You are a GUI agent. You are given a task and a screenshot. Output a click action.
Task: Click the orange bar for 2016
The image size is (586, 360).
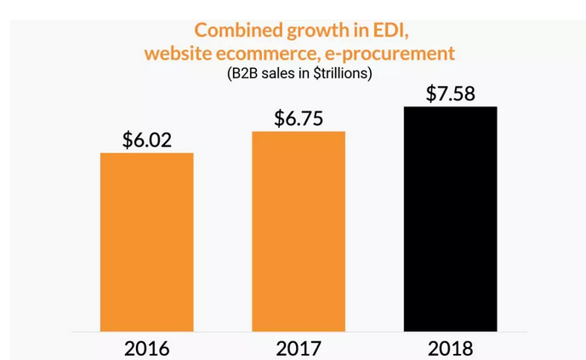coord(146,242)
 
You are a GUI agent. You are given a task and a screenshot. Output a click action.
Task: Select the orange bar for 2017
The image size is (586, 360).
coord(299,231)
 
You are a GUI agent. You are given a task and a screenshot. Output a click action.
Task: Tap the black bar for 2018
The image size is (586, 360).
coord(450,219)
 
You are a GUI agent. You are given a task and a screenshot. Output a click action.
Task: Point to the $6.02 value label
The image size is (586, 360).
coord(146,140)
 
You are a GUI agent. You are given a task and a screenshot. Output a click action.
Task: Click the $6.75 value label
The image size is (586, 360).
coord(299,118)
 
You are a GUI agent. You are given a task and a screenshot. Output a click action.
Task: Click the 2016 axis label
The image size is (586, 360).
coord(146,347)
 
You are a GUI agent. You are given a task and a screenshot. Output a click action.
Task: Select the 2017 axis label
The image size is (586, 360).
coord(299,347)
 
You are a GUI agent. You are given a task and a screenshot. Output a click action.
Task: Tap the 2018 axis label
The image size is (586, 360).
coord(450,347)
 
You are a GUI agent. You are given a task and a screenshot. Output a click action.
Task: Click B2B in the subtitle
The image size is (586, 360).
coord(243,73)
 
